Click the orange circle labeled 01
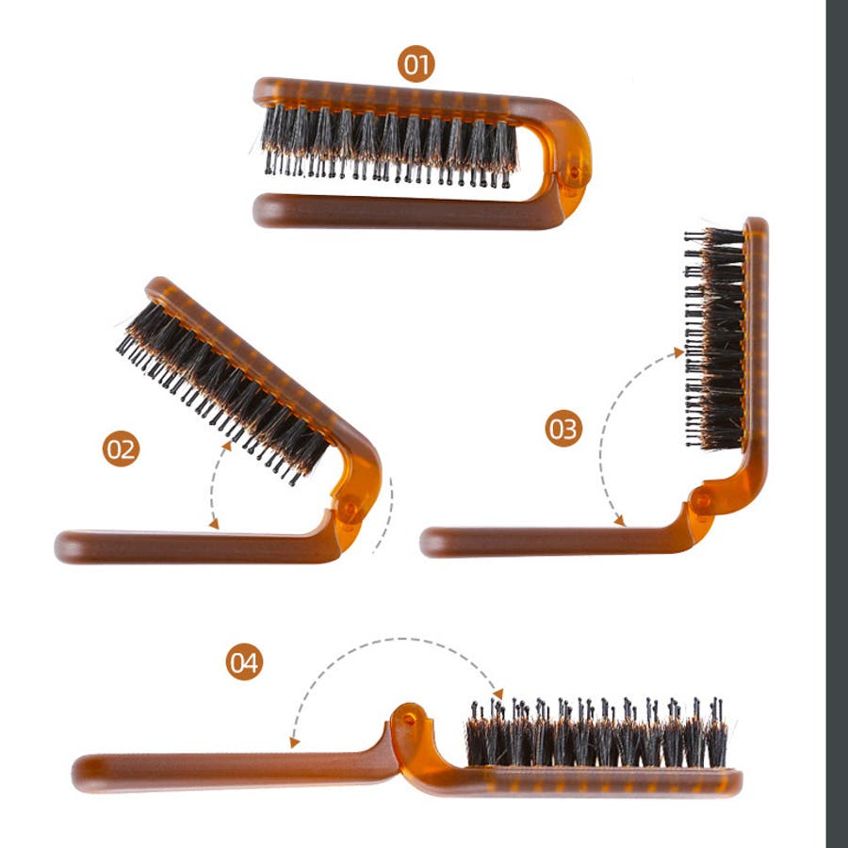tap(416, 64)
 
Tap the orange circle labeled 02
tap(121, 448)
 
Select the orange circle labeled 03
tap(563, 429)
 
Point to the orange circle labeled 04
tap(244, 661)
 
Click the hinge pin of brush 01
tap(575, 172)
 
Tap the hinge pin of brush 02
tap(350, 510)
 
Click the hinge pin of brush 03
tap(702, 498)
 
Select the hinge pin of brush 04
tap(408, 719)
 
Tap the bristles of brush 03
tap(715, 339)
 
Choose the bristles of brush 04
tap(596, 733)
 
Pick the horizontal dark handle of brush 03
tap(557, 542)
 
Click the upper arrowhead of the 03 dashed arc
tap(678, 352)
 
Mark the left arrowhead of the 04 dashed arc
tap(295, 742)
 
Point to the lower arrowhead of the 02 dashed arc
tap(214, 524)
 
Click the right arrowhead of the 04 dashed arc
tap(498, 693)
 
